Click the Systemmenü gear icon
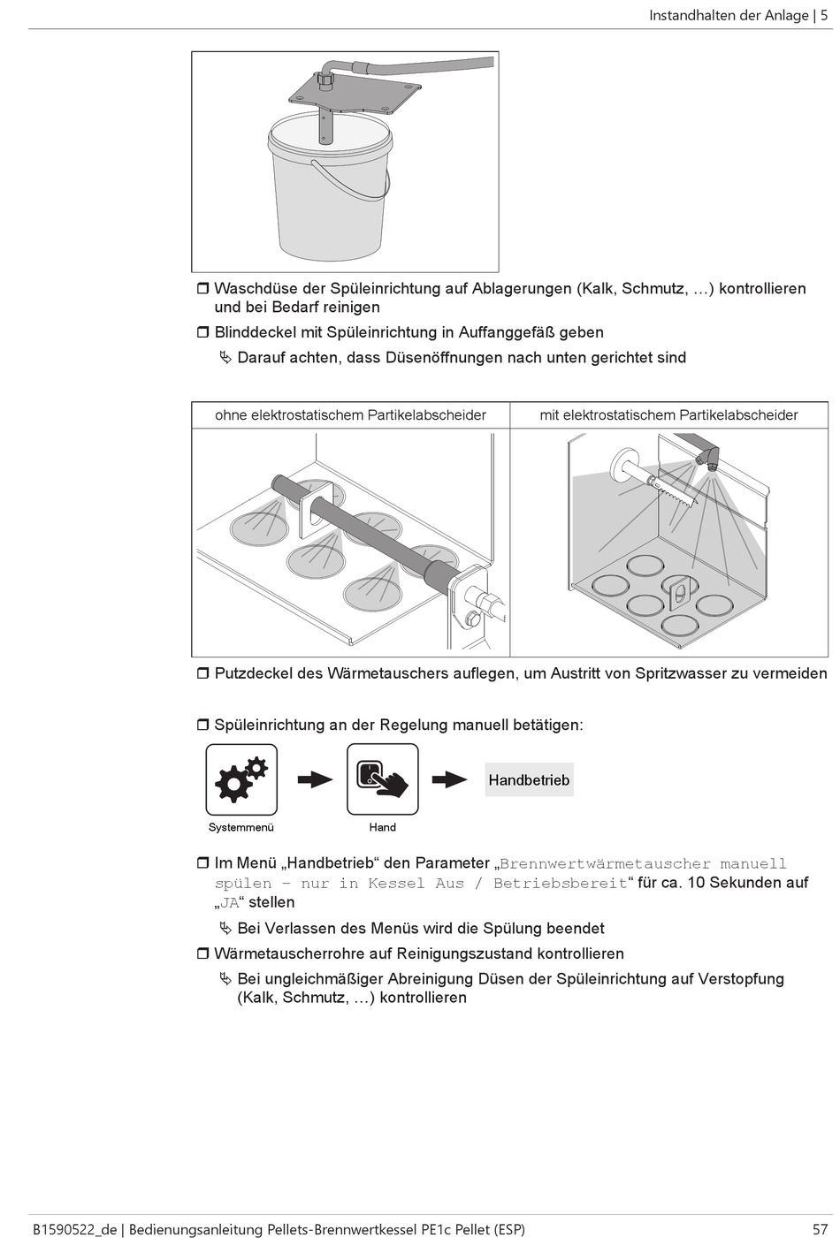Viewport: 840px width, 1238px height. tap(241, 778)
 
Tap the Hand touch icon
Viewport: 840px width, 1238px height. tap(382, 778)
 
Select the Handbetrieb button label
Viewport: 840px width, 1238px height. tap(529, 780)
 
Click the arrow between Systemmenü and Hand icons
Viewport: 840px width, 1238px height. tap(314, 779)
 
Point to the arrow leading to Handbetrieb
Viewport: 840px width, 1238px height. tap(449, 779)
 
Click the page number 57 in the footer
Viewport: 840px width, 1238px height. tap(820, 1228)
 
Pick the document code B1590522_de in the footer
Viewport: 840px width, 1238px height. tap(73, 1228)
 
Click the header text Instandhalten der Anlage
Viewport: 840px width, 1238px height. tap(729, 15)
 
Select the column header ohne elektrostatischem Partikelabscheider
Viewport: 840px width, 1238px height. tap(350, 414)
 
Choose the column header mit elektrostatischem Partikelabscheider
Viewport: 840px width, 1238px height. tap(668, 414)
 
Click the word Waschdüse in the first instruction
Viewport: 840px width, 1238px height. tap(252, 288)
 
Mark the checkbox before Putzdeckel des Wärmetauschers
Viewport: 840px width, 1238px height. tap(202, 673)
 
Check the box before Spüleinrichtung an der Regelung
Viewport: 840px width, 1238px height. tap(202, 725)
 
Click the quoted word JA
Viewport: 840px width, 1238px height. tap(230, 902)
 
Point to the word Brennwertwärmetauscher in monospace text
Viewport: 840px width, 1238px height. tap(605, 863)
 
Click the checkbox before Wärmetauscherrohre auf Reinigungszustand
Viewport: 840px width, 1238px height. tap(202, 953)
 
